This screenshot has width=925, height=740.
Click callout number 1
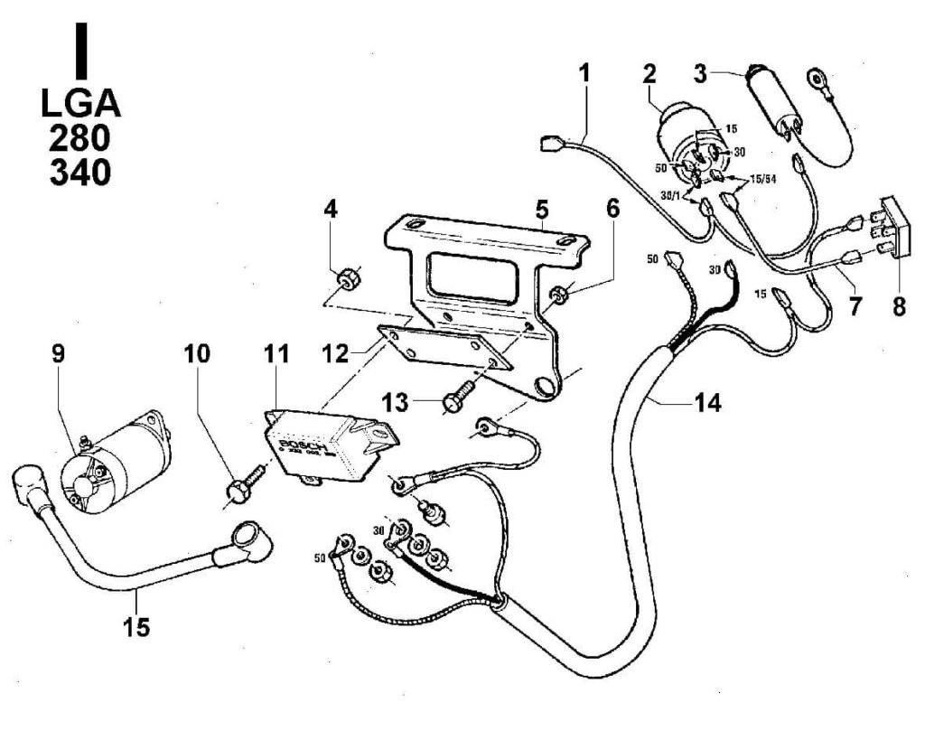pyautogui.click(x=584, y=73)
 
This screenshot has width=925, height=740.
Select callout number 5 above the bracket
pyautogui.click(x=541, y=210)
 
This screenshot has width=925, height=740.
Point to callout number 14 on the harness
pyautogui.click(x=707, y=404)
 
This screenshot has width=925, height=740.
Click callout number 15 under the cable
pyautogui.click(x=137, y=625)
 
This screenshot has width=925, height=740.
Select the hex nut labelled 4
pyautogui.click(x=343, y=279)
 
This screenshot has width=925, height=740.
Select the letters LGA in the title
pyautogui.click(x=80, y=103)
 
